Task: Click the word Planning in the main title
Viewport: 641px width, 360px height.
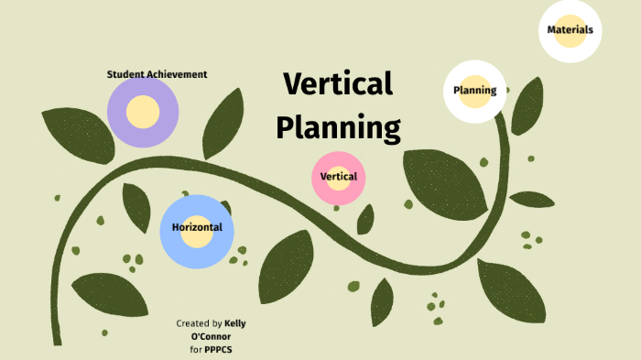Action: [339, 126]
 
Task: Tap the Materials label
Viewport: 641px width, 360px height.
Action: [570, 29]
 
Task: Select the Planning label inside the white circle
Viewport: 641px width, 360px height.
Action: [474, 90]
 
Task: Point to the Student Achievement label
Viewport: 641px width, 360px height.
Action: [157, 74]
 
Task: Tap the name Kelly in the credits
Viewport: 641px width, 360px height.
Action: [234, 323]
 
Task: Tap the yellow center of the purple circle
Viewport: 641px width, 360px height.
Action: [143, 112]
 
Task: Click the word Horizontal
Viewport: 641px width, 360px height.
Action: [197, 227]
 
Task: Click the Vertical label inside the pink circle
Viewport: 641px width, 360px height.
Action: [339, 176]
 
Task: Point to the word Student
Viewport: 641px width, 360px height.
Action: [125, 74]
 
